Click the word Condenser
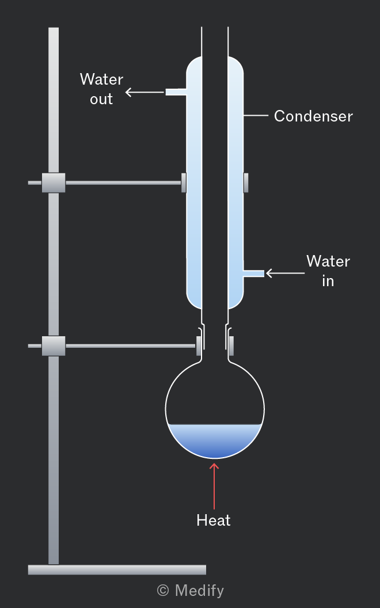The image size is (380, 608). click(313, 116)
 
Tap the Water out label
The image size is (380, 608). click(101, 89)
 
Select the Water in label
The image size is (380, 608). click(328, 271)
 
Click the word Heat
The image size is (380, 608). click(214, 520)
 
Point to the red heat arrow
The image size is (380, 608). click(214, 486)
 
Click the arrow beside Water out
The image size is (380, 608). click(145, 92)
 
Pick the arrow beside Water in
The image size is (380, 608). click(286, 273)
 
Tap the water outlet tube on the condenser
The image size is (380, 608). click(176, 92)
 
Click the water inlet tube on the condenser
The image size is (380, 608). click(253, 273)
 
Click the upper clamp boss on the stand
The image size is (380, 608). click(54, 183)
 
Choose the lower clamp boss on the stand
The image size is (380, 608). click(54, 346)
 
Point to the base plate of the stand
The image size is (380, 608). click(117, 569)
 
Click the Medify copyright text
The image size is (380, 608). click(191, 591)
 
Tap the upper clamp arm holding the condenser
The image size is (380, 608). click(123, 183)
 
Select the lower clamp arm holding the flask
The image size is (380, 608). click(131, 346)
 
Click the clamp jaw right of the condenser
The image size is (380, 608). click(246, 183)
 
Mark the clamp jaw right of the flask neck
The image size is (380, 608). click(231, 346)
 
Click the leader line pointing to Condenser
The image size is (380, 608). click(256, 116)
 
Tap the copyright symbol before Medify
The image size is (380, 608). click(163, 591)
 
